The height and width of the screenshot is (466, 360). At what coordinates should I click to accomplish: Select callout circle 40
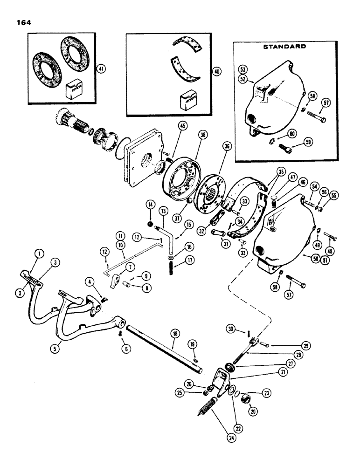point(216,72)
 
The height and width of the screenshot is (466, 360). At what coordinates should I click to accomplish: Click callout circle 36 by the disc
point(227,146)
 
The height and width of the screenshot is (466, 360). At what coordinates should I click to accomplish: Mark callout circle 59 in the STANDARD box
point(306,142)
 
